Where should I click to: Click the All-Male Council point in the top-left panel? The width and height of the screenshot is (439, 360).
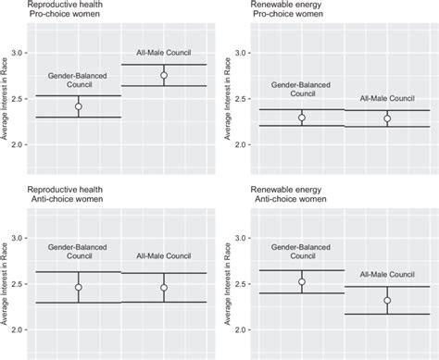[164, 76]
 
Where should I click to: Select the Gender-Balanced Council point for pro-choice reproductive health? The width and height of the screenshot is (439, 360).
[79, 106]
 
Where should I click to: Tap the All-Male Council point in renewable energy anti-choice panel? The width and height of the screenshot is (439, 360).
[388, 300]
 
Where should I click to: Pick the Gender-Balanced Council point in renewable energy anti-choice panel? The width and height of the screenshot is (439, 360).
[302, 282]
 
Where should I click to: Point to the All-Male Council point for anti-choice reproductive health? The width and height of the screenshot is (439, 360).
[164, 288]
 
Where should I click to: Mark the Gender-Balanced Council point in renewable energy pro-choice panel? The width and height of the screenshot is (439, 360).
[302, 118]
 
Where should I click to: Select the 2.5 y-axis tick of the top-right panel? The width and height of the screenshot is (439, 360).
[245, 99]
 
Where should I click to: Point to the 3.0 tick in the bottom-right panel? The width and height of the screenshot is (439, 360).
[245, 238]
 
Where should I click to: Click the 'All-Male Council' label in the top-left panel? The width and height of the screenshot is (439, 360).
[164, 54]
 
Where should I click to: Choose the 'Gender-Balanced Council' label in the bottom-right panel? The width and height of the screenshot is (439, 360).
[302, 253]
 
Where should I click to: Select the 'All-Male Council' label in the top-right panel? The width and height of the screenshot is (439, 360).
[388, 99]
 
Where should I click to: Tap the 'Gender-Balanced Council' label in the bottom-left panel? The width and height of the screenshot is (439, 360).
[79, 253]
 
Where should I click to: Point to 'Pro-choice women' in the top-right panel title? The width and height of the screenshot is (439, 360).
[288, 14]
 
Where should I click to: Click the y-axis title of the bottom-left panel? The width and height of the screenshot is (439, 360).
[6, 282]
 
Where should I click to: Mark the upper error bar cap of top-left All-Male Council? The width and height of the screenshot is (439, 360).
[164, 64]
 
